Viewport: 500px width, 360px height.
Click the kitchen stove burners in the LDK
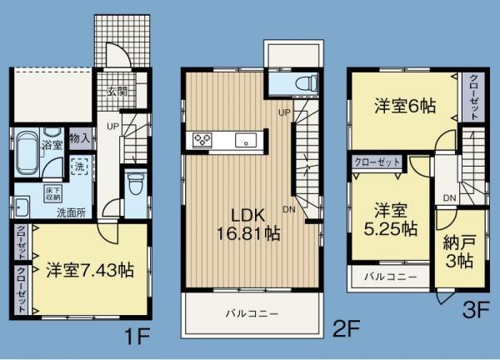tap(203, 140)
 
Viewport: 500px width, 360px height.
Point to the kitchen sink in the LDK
tap(246, 140)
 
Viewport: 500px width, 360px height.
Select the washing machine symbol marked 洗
tap(81, 167)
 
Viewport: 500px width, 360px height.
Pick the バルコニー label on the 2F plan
tap(250, 314)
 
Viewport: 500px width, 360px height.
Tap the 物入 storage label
tap(80, 137)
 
